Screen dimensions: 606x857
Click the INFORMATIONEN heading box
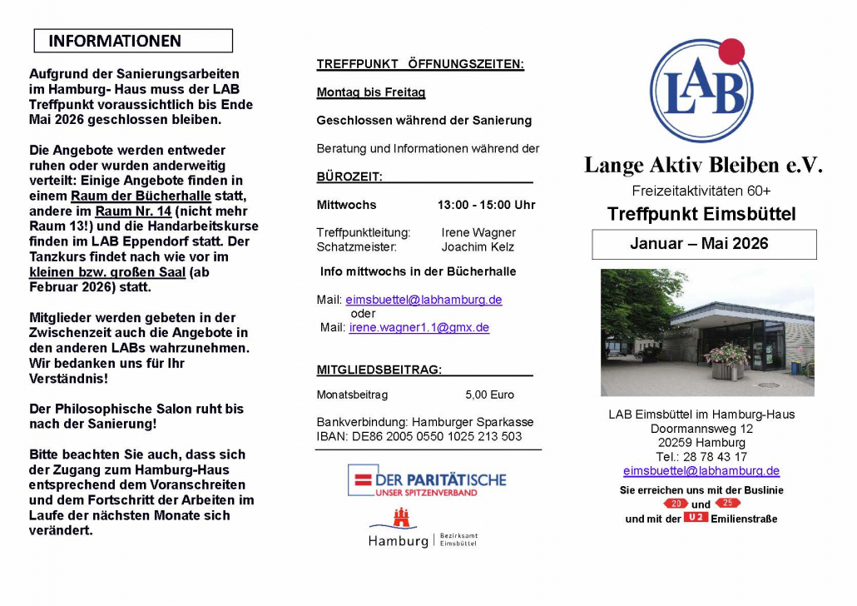(133, 41)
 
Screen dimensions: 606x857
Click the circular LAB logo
(701, 92)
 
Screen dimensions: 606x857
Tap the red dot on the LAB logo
(731, 51)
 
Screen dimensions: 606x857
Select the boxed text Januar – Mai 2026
(704, 244)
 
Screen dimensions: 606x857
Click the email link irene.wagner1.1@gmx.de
(419, 328)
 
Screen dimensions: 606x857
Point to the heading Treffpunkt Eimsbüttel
(701, 214)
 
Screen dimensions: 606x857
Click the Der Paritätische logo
(426, 480)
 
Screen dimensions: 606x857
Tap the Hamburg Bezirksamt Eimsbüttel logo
(423, 530)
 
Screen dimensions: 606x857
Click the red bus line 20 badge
(675, 503)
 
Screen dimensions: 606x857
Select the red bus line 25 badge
(727, 503)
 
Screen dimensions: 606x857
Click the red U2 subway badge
(696, 518)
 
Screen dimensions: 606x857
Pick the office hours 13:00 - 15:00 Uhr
(486, 205)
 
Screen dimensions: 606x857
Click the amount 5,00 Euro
(489, 395)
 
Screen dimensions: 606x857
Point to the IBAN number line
(419, 436)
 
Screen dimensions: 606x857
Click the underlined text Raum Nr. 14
(133, 211)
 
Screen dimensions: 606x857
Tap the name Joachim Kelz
(478, 247)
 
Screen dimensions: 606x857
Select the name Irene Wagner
(478, 233)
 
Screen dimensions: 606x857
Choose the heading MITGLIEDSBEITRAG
(379, 370)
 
